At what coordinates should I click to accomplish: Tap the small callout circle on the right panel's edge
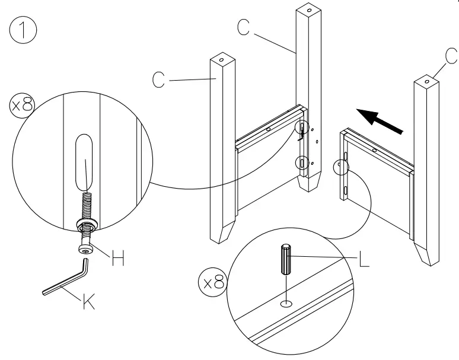coord(341,168)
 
